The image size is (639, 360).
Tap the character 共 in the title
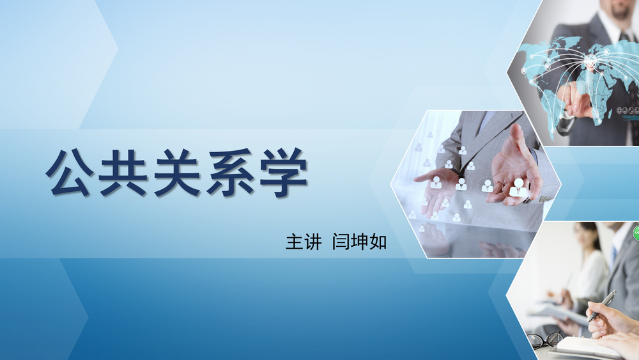coord(123,173)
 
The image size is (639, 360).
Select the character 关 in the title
coord(177,173)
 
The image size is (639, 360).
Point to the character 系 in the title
coord(231,173)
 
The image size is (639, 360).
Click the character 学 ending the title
coord(284,173)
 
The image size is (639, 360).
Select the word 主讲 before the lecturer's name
coord(304,242)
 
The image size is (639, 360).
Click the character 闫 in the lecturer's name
coord(341,242)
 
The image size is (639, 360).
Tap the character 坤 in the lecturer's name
coord(359,242)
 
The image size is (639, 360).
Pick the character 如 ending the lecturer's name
coord(378,242)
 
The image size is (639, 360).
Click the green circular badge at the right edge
coord(636,233)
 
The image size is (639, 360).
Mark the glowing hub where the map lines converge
coord(590,61)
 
